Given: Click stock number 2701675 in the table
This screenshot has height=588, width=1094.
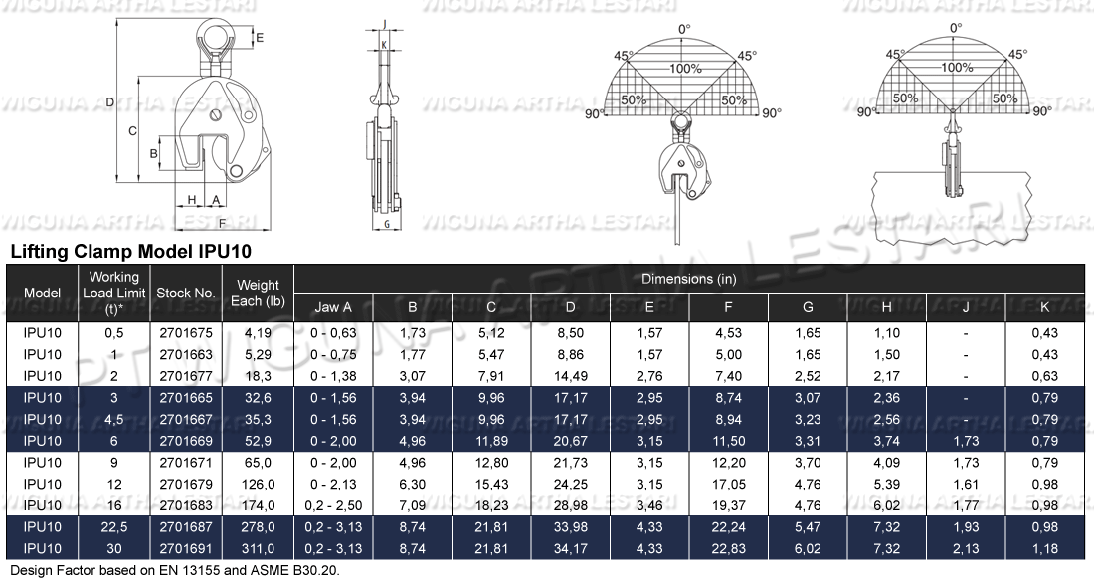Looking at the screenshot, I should tap(186, 333).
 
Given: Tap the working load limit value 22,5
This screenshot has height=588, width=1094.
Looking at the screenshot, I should tap(114, 526).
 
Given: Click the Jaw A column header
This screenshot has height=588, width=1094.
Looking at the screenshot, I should tap(333, 307).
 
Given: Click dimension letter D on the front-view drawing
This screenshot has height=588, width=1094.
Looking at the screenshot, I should tap(110, 101).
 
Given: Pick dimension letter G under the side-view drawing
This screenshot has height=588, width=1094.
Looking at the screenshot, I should tap(385, 225).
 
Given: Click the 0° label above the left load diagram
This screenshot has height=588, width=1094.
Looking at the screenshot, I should tap(684, 30).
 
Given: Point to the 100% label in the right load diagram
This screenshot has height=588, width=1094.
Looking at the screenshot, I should tap(957, 68).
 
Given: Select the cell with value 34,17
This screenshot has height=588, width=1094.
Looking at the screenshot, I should tap(570, 548).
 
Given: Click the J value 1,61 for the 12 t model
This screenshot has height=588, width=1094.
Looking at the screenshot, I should tap(966, 484).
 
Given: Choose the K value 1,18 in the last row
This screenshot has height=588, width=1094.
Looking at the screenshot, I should tap(1044, 548).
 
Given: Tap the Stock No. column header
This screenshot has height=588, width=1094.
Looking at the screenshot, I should tap(186, 294).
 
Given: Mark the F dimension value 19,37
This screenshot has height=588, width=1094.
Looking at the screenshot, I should tap(729, 505).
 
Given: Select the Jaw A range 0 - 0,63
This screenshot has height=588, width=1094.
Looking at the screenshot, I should tap(333, 333).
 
